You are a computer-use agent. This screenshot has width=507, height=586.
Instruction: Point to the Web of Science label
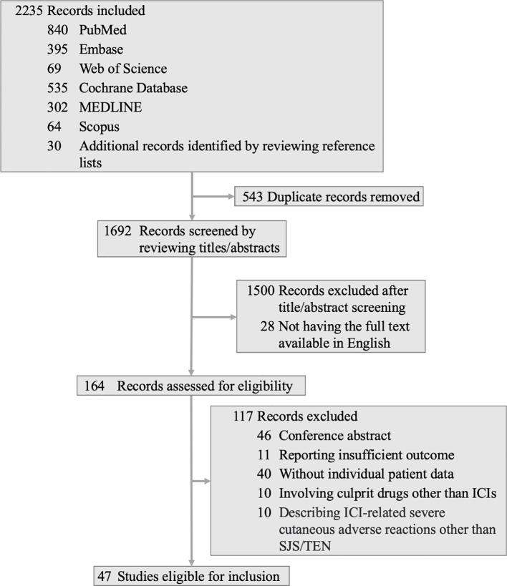[123, 69]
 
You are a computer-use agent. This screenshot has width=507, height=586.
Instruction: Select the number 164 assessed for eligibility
[94, 386]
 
